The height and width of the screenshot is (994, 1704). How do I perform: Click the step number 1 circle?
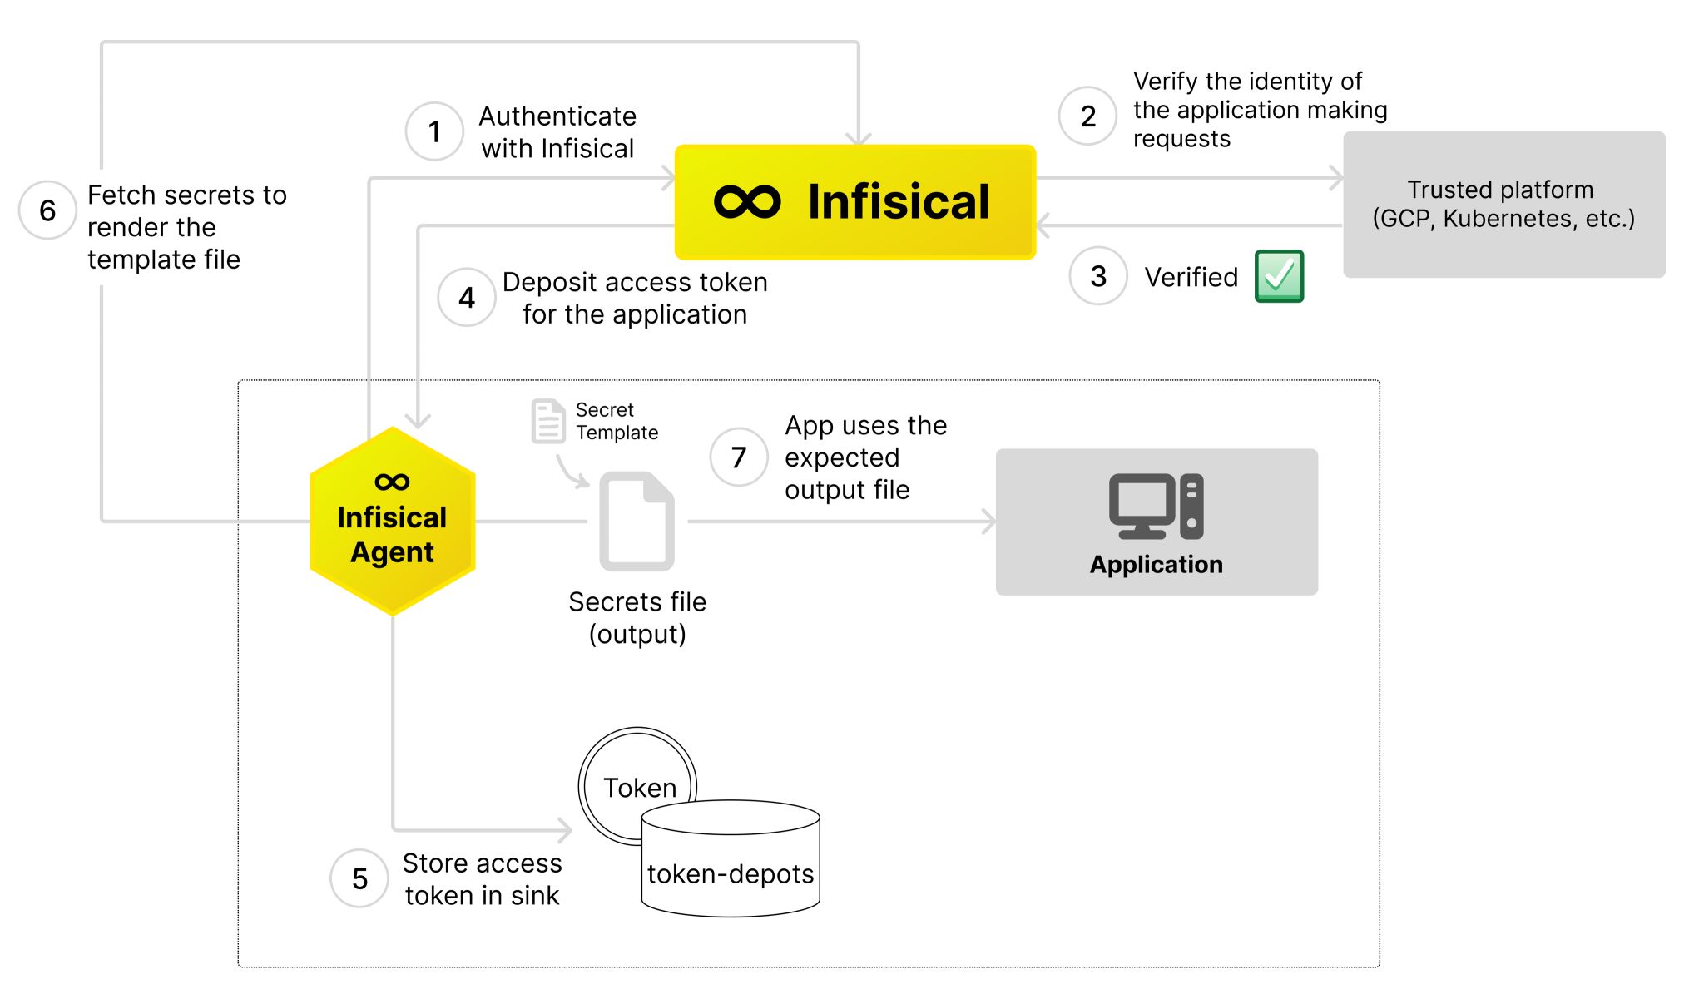[434, 131]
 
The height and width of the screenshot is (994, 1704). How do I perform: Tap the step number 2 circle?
[1087, 116]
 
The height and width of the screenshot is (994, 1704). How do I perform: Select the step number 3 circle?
[1098, 276]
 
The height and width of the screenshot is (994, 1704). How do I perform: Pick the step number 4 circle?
[467, 298]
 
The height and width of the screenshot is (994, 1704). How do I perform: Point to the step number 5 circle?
[359, 878]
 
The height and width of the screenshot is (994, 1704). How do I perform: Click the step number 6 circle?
[47, 210]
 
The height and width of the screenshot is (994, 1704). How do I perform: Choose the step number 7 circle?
[739, 457]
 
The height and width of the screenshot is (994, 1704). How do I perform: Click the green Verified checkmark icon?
[1279, 276]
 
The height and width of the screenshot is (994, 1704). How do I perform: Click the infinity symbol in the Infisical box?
[747, 202]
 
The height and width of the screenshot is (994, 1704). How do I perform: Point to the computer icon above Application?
[1156, 506]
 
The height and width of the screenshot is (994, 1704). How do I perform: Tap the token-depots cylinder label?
[731, 874]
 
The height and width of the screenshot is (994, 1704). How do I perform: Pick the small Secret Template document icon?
[547, 421]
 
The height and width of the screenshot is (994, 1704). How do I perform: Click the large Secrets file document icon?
[637, 522]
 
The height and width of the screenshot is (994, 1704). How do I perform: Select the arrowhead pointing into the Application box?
[988, 522]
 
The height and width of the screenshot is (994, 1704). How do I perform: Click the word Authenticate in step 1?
[557, 116]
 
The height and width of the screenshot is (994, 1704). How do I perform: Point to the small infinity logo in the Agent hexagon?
[392, 482]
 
